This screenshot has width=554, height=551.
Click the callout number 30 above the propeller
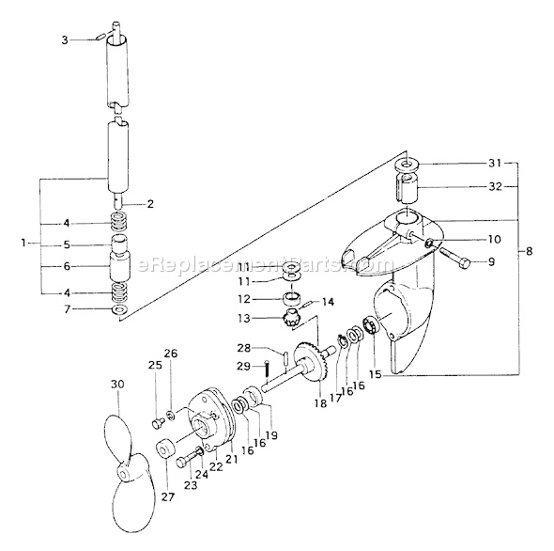(117, 386)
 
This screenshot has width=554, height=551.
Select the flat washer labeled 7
(116, 309)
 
